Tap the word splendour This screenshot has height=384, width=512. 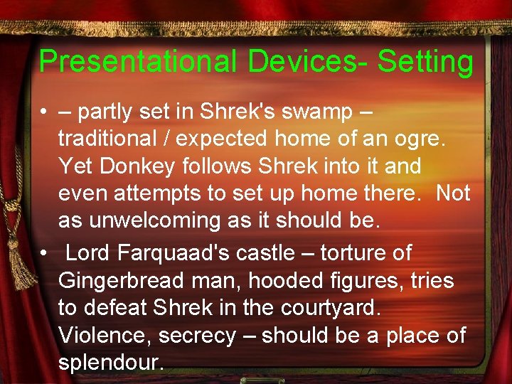click(110, 362)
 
